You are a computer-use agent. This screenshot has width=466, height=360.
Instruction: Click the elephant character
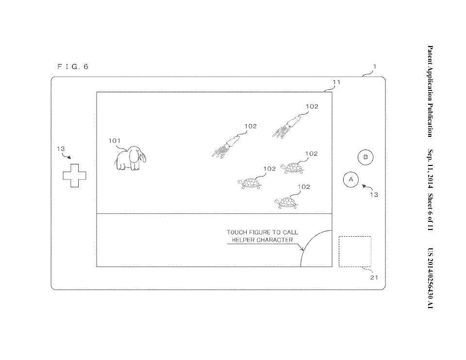click(130, 158)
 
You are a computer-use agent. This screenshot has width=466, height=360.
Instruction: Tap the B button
click(366, 157)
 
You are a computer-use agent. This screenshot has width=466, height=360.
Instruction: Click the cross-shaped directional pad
click(75, 176)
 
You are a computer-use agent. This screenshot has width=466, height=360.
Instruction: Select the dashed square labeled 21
click(355, 252)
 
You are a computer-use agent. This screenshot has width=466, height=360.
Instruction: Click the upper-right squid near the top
click(286, 127)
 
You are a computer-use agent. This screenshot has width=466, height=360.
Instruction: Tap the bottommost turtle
click(286, 203)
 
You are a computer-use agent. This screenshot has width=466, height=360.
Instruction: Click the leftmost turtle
click(250, 183)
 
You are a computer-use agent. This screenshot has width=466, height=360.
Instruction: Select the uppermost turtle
click(292, 168)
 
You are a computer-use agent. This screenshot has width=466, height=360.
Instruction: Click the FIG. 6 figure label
click(73, 66)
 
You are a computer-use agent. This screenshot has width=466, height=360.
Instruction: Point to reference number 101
click(115, 141)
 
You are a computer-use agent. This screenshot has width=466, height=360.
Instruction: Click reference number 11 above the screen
click(336, 82)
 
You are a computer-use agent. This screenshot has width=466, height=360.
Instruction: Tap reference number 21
click(374, 278)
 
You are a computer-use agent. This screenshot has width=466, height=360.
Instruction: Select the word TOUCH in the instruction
click(237, 232)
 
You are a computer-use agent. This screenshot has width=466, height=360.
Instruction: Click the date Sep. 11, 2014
click(430, 169)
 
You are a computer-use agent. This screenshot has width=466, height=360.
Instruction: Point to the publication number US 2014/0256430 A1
click(430, 278)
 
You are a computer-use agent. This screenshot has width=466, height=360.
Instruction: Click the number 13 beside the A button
click(374, 195)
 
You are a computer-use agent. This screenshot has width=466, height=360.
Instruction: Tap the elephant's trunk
click(144, 157)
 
